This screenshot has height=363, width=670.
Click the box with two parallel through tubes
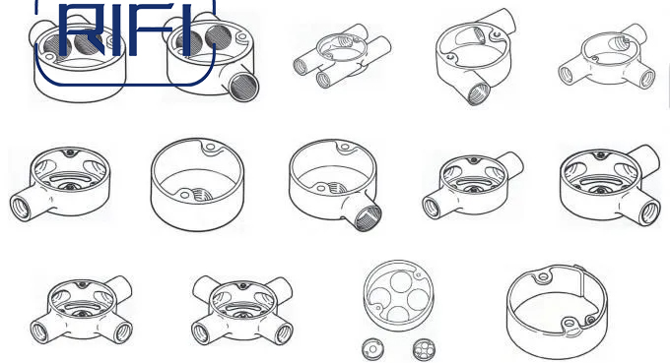click(x=342, y=55)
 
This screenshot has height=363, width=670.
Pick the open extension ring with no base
click(x=557, y=312)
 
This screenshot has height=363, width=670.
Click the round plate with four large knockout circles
click(x=398, y=295)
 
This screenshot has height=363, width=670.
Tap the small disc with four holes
click(x=424, y=349)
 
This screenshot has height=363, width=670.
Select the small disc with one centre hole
click(x=372, y=350)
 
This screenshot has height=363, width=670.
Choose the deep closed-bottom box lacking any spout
click(x=197, y=184)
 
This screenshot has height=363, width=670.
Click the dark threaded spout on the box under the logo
click(x=243, y=87)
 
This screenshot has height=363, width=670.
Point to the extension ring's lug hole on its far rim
click(x=543, y=276)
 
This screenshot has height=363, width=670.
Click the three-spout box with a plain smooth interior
click(x=606, y=56)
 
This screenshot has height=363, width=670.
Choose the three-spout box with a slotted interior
click(x=81, y=310)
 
